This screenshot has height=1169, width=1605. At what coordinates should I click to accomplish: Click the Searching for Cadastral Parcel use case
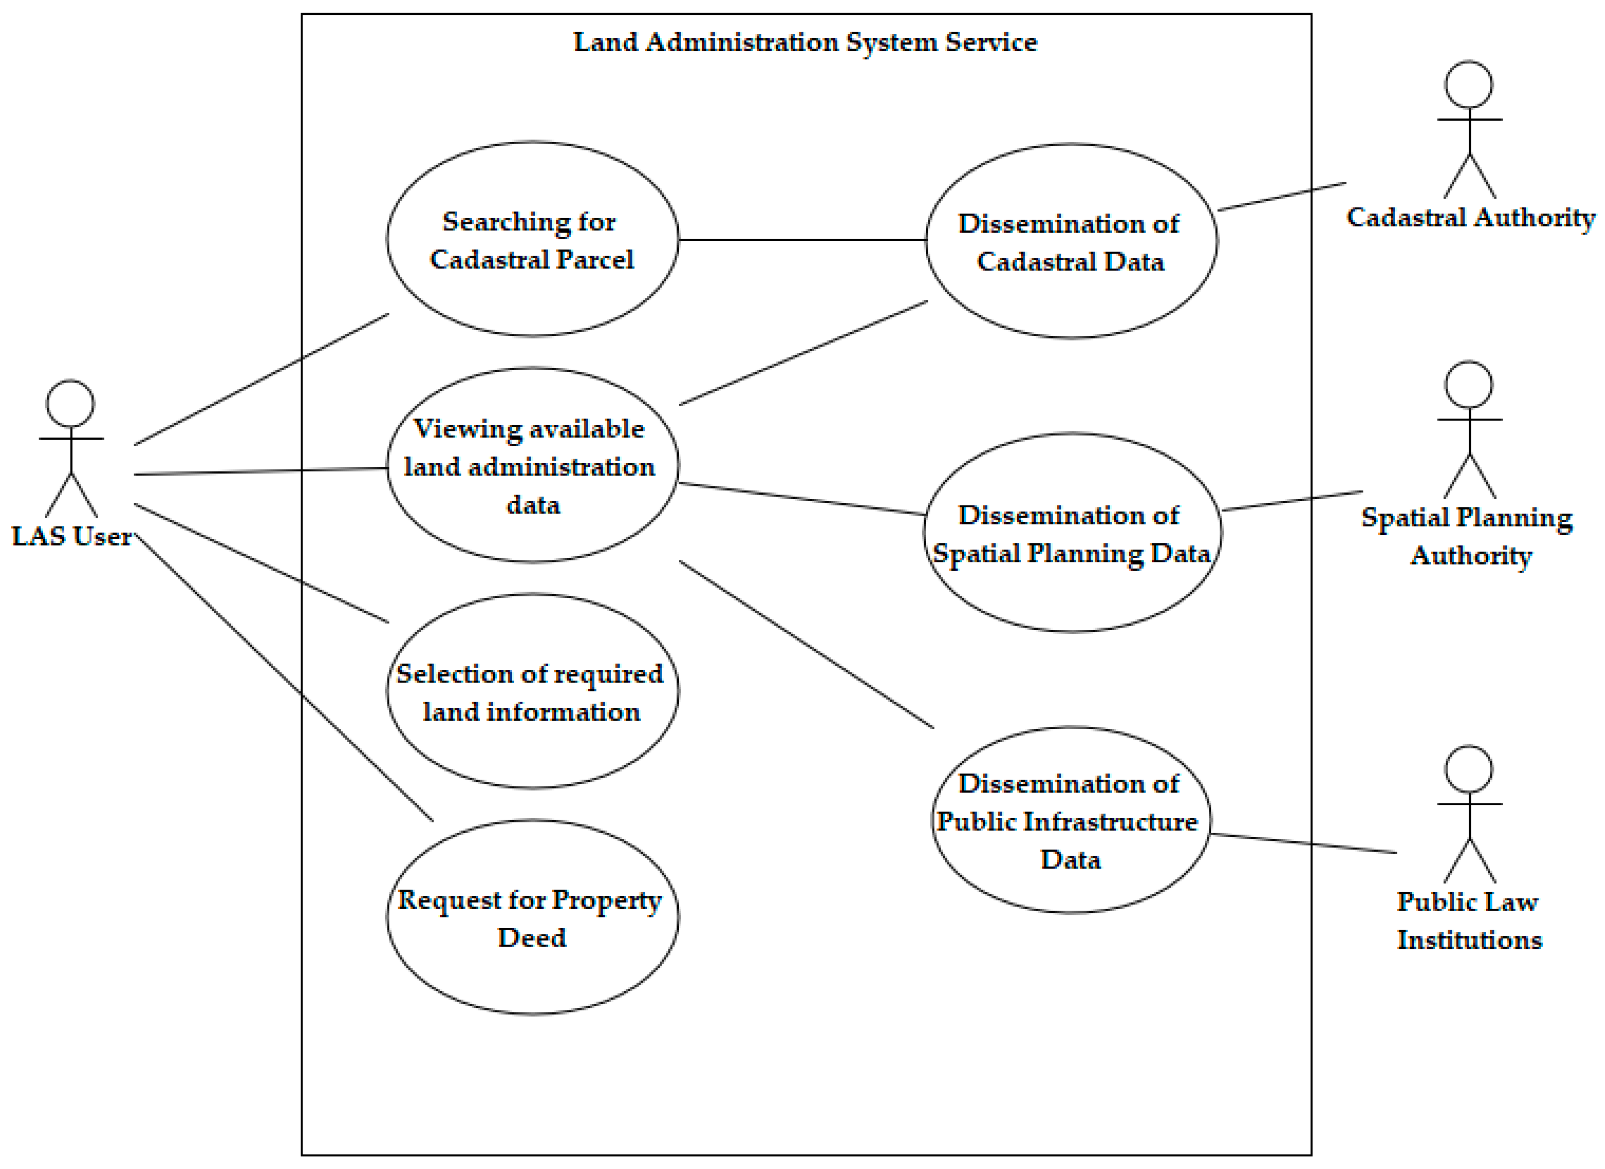[x=532, y=239]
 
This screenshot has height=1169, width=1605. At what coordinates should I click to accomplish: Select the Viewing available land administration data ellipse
[x=532, y=465]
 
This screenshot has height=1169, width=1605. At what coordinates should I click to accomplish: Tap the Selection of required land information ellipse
[x=532, y=692]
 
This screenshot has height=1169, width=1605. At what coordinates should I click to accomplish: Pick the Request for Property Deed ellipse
[x=532, y=918]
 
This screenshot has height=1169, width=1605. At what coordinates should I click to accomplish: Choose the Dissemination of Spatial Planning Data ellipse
[x=1071, y=533]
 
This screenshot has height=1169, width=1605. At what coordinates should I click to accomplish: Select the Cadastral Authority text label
[x=1470, y=217]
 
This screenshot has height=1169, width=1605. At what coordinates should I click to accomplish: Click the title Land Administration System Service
[x=805, y=42]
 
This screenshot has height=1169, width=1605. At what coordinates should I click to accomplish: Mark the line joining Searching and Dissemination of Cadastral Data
[x=802, y=240]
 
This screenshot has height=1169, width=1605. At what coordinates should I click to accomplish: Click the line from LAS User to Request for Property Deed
[x=283, y=678]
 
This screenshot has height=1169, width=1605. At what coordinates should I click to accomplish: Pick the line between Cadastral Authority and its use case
[x=1281, y=197]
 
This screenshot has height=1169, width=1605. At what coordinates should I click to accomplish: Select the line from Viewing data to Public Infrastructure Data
[x=806, y=645]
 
